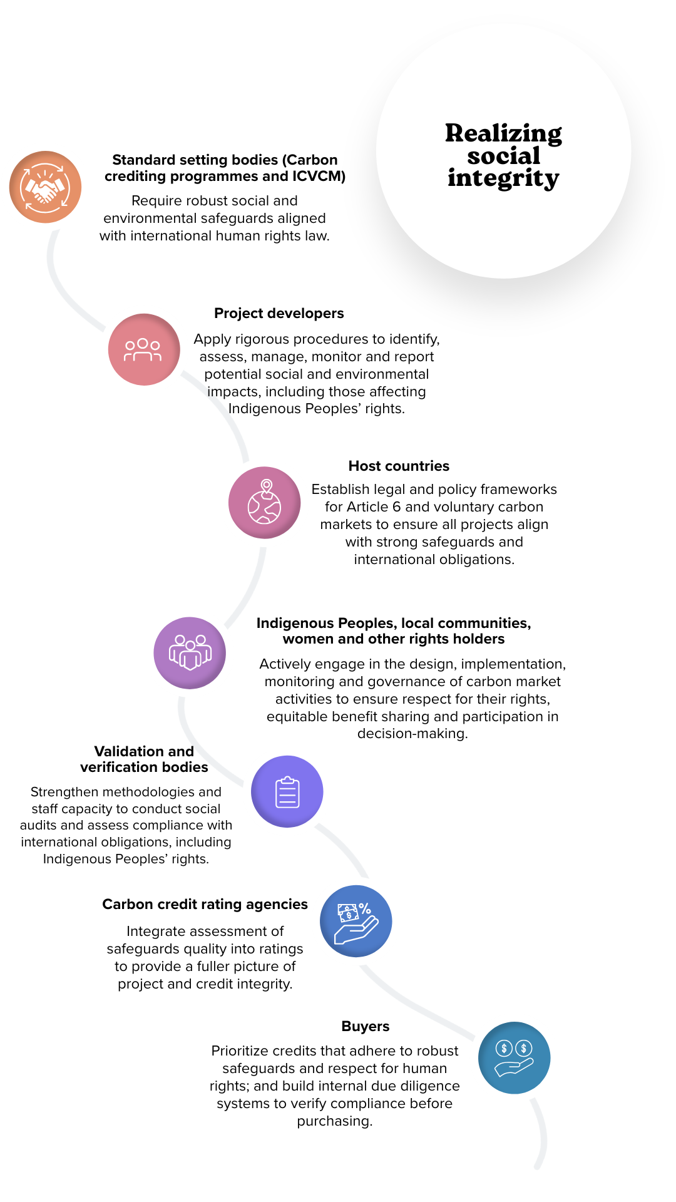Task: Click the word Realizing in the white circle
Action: click(x=503, y=133)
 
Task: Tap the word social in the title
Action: click(x=503, y=156)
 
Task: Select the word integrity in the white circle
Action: click(x=503, y=178)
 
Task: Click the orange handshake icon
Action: click(x=45, y=187)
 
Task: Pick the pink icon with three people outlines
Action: click(x=143, y=349)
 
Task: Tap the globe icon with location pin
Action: click(x=264, y=503)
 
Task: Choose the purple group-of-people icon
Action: click(x=190, y=652)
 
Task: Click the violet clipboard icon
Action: click(x=287, y=791)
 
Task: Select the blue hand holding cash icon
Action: click(x=356, y=921)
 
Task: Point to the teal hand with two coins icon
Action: click(x=514, y=1058)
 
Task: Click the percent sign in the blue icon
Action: click(x=365, y=908)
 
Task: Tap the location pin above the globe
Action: click(x=267, y=486)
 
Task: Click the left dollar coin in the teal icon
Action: click(x=504, y=1048)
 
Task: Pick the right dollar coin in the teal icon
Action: click(x=524, y=1048)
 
